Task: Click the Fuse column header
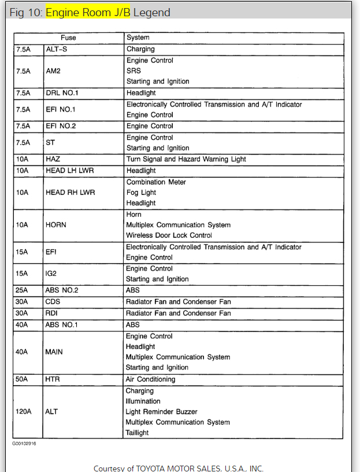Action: (68, 38)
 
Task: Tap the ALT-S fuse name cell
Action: (57, 49)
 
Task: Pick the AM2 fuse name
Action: (54, 71)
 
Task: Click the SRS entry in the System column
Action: (133, 71)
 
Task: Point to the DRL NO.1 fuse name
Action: (62, 93)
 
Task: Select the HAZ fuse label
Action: (53, 159)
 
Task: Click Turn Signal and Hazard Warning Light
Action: (186, 159)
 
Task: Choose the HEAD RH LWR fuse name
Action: (70, 192)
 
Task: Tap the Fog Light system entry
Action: (141, 192)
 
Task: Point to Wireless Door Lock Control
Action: (169, 235)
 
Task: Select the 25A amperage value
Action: (23, 290)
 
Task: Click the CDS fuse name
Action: (53, 301)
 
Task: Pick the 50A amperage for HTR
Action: (23, 379)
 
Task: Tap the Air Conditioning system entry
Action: (150, 379)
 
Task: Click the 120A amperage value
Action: (24, 412)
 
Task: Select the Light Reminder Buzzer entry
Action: (162, 412)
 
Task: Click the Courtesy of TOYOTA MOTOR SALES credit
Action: (179, 467)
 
